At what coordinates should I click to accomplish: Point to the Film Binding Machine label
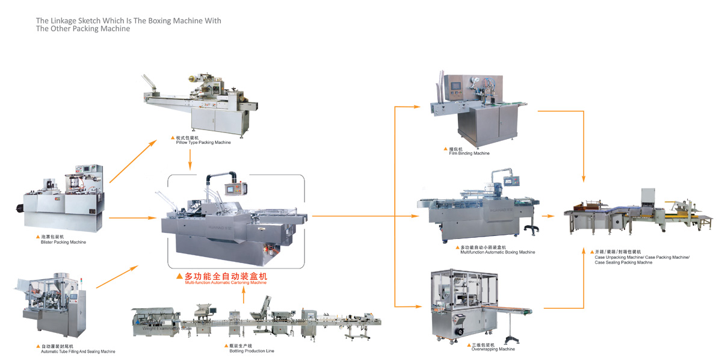point(469,153)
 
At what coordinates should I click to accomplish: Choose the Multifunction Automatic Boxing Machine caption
point(497,252)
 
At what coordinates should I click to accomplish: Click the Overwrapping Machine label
point(493,349)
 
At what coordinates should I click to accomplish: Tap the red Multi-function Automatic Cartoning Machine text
point(225,282)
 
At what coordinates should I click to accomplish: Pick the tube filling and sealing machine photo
point(51,307)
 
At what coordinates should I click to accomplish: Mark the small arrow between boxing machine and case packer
point(548,216)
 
